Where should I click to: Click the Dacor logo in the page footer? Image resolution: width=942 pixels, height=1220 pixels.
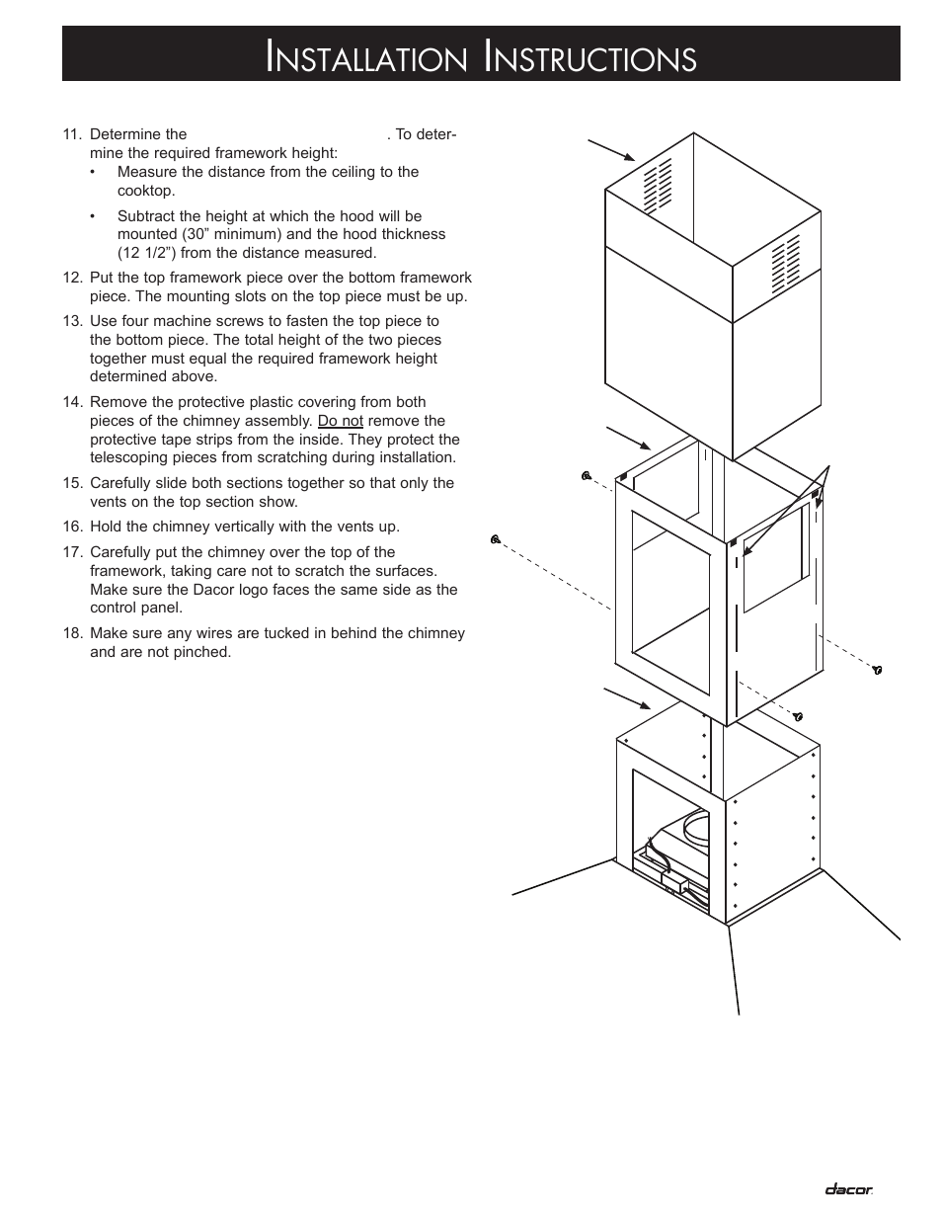point(848,1189)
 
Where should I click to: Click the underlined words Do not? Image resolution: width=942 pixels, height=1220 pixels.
point(340,421)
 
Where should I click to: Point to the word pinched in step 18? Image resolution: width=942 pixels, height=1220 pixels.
point(201,652)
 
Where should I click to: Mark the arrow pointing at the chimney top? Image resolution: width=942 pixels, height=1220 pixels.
point(612,150)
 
